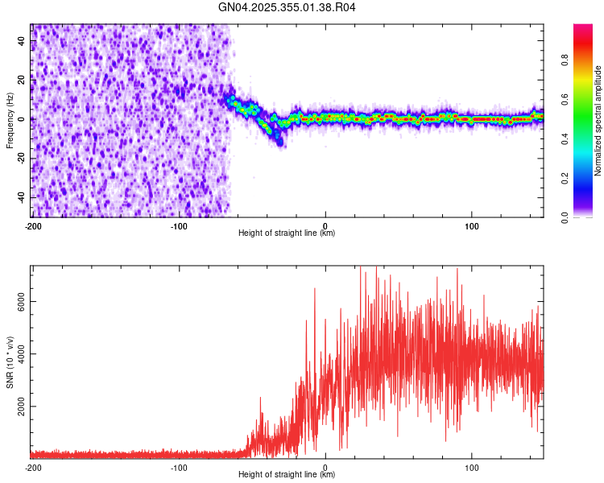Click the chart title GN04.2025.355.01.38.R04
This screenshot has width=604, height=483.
tap(287, 8)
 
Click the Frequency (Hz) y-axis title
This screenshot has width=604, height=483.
tap(10, 121)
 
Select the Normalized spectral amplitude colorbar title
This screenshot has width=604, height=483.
tap(598, 121)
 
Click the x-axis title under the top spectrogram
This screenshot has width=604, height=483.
tap(287, 233)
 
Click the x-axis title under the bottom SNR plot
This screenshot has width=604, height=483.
tap(287, 474)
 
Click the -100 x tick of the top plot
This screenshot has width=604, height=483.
tap(179, 225)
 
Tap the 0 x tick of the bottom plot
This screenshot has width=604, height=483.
tap(325, 466)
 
